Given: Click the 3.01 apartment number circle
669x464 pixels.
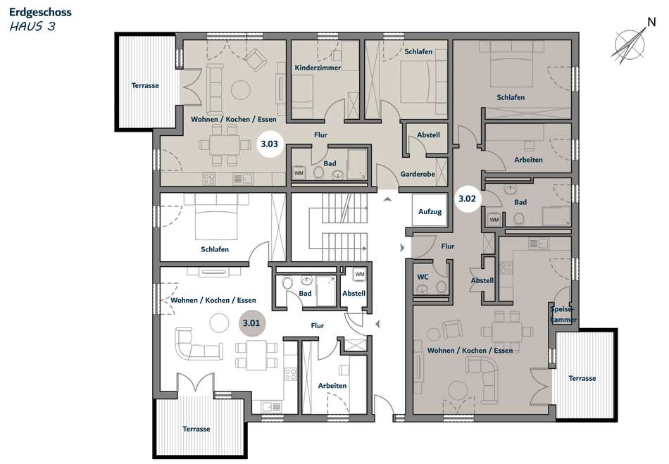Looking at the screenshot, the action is (x=251, y=323).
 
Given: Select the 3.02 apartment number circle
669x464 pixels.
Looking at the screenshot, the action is (x=467, y=199).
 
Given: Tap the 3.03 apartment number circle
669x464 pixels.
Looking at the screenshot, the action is (x=269, y=144).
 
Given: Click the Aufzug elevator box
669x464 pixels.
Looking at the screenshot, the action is (x=430, y=211).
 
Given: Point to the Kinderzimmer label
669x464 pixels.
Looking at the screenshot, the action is (x=318, y=68).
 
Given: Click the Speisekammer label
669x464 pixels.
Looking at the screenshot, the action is (x=563, y=314).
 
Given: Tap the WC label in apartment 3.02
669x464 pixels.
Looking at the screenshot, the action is (x=423, y=277).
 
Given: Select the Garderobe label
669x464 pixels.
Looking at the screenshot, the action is (x=418, y=174).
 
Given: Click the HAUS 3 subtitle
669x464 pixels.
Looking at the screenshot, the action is (x=32, y=27).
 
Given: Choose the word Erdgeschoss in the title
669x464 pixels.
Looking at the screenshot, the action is (x=41, y=12).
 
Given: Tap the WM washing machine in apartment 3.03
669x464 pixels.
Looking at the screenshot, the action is (x=299, y=173).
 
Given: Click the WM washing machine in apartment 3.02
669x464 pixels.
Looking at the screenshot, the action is (x=494, y=220).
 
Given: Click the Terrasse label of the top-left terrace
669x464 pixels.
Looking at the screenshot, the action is (x=145, y=86).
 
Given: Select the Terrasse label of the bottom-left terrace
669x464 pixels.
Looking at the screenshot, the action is (x=196, y=429).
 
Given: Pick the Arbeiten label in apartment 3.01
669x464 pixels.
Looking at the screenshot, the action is (x=332, y=386).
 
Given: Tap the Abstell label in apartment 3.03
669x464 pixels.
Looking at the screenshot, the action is (x=428, y=134).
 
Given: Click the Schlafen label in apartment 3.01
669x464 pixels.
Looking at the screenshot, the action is (x=215, y=249).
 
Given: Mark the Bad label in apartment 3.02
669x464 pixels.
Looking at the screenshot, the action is (x=520, y=202).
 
